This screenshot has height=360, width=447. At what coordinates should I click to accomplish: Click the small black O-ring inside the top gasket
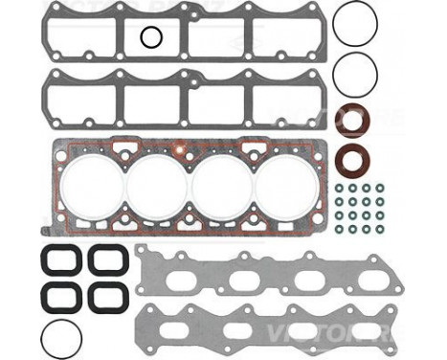(x=150, y=37)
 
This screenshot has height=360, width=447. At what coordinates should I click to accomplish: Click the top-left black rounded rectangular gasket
(x=60, y=260)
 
